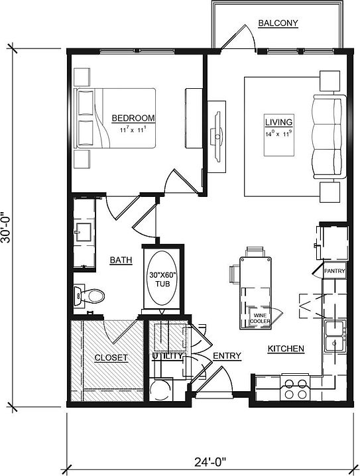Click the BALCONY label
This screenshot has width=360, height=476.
click(278, 24)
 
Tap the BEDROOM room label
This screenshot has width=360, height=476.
click(133, 118)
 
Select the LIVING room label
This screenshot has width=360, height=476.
click(278, 123)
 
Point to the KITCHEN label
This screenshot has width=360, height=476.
click(286, 349)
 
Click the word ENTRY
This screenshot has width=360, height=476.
click(227, 357)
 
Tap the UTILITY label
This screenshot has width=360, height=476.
click(166, 357)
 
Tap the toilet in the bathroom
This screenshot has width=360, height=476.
click(90, 294)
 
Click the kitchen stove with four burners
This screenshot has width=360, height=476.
click(295, 387)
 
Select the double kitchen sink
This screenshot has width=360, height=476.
click(335, 336)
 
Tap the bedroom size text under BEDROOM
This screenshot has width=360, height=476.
click(133, 131)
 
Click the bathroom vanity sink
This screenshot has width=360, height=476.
click(84, 232)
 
